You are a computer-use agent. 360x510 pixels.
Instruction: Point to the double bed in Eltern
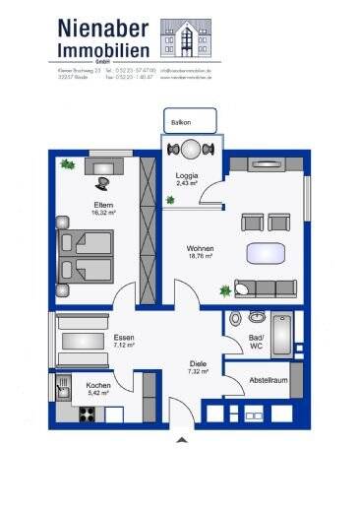click(88, 255)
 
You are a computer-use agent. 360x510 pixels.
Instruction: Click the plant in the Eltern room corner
click(67, 164)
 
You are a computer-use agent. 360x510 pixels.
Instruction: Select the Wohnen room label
click(203, 250)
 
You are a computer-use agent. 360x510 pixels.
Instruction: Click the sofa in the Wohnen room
click(265, 288)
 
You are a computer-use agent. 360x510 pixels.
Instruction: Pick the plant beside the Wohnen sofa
click(226, 290)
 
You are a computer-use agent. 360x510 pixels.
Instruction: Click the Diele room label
click(199, 368)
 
